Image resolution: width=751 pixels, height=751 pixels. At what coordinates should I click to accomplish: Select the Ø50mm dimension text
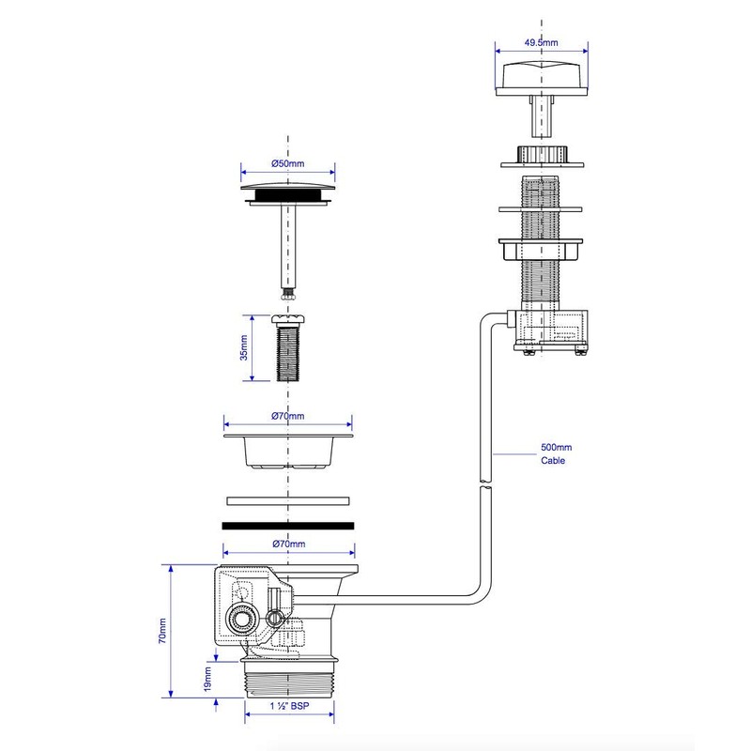[287, 163]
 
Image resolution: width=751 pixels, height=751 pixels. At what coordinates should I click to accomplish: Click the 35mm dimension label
[243, 347]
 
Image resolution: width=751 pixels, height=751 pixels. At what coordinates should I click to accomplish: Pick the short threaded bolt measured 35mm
[287, 349]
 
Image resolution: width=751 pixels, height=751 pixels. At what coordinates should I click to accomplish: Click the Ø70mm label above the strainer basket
[287, 416]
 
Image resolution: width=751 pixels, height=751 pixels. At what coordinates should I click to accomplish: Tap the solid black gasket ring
[287, 527]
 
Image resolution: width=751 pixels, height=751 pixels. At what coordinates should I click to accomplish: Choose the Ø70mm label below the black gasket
[287, 544]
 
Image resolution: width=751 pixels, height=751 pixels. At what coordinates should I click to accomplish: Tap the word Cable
[552, 461]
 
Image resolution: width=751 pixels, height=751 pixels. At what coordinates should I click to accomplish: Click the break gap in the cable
[483, 484]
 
